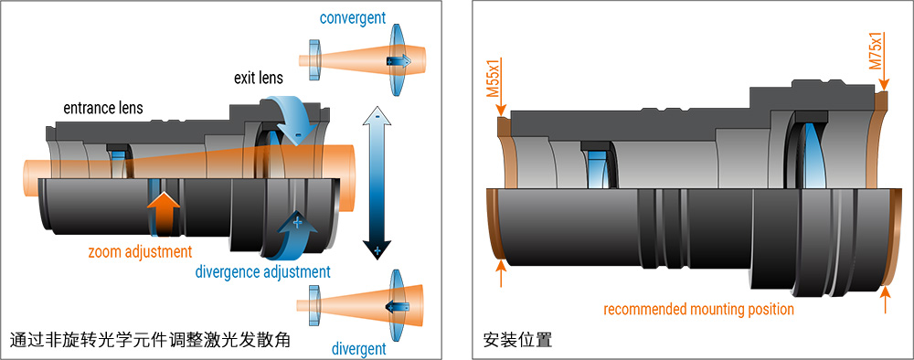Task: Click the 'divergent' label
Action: [x=357, y=348]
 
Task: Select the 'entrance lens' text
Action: [x=102, y=108]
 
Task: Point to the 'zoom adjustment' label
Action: [x=140, y=251]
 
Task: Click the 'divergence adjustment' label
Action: [x=262, y=271]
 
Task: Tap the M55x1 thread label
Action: [x=493, y=79]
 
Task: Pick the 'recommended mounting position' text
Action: [x=698, y=309]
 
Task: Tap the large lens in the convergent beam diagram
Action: [x=399, y=60]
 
